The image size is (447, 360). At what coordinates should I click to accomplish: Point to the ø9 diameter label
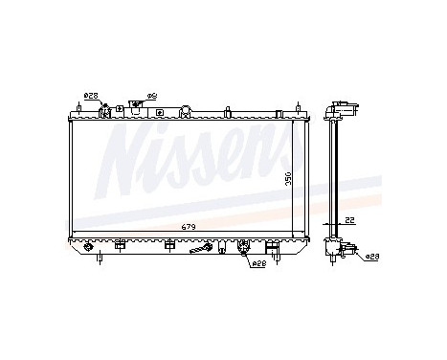click(150, 96)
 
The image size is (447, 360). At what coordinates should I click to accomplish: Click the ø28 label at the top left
click(91, 95)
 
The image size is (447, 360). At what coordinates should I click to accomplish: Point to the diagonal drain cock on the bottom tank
click(201, 251)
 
